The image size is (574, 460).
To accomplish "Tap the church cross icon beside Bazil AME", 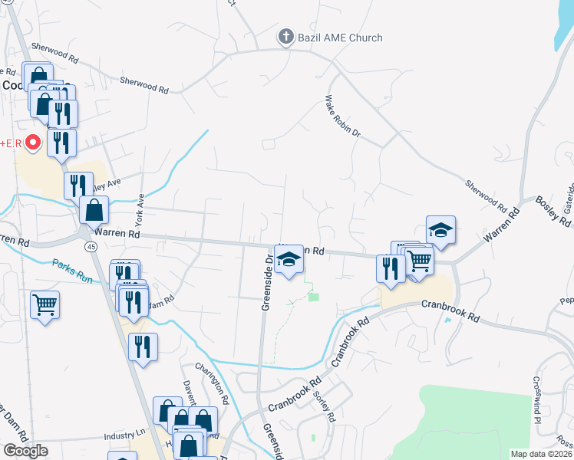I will pos(285,37).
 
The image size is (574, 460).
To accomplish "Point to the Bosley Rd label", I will pos(552,212).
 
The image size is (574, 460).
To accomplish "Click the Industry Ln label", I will pos(124,435).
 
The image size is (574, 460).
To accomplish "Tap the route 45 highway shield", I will pos(91,246).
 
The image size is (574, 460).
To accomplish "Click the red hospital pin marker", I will pos(33,143).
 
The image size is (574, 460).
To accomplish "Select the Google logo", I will pos(25,450).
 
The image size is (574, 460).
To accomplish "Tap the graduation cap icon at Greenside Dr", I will pos(289,261).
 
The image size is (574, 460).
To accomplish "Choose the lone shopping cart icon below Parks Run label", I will pos(45,305).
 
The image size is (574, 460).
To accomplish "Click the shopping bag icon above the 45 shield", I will pos(94,209).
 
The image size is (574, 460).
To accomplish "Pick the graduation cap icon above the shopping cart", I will pos(440,230).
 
